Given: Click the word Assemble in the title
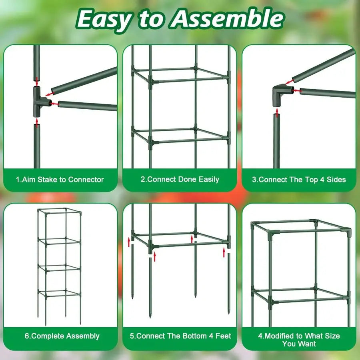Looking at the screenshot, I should point(226,19).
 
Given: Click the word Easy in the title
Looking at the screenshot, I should point(104,19).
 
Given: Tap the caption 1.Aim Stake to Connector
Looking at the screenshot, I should point(60,180).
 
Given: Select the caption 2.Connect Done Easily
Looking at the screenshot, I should point(180,180).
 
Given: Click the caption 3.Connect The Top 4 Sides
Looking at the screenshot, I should point(299,180).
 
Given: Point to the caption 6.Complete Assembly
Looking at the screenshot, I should point(62,336).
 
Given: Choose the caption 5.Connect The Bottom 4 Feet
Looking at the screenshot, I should point(180,336).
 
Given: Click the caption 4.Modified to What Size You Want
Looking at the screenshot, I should point(299,340).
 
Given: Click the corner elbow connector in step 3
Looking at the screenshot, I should point(282,94).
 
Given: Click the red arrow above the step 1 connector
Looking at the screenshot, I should point(37,80).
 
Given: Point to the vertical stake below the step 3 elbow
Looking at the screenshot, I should point(276,140).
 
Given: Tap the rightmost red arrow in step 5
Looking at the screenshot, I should point(224,251).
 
